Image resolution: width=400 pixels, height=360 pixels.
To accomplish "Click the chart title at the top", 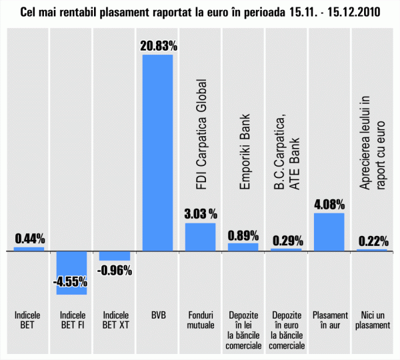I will click(200, 13).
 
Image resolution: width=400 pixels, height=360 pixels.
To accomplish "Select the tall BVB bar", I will click(158, 153).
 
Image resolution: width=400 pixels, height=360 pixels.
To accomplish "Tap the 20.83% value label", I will click(158, 46).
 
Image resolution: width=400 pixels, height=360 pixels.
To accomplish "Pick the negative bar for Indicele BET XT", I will click(115, 256).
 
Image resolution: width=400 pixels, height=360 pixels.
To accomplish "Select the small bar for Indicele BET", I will click(29, 249).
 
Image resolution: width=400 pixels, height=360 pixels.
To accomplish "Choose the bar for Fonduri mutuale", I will click(200, 237).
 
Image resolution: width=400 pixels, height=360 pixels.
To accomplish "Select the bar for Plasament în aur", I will click(329, 232).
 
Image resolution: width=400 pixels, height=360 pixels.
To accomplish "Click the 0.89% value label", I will click(243, 235).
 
